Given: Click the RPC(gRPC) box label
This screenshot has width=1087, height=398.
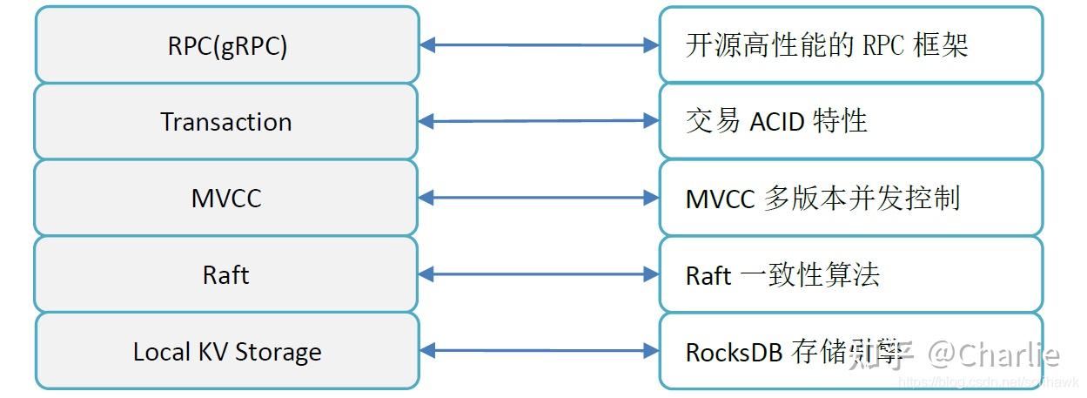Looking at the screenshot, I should pyautogui.click(x=226, y=46).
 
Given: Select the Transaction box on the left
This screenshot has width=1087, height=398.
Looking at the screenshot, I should pyautogui.click(x=226, y=122).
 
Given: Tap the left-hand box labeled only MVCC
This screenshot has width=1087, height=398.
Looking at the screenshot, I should pyautogui.click(x=226, y=199).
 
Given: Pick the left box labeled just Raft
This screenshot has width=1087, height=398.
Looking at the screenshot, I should pyautogui.click(x=226, y=275).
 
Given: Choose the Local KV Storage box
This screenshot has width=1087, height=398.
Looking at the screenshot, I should pyautogui.click(x=226, y=352).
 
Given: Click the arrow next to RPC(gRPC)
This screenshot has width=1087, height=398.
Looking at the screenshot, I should pyautogui.click(x=539, y=45).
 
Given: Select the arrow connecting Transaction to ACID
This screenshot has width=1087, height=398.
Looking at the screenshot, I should pyautogui.click(x=539, y=121).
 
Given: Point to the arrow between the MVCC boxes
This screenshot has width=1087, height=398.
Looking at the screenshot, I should pyautogui.click(x=539, y=199).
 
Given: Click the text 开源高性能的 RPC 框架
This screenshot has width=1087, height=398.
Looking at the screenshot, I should pyautogui.click(x=827, y=46).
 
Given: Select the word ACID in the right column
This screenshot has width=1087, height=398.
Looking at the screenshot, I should pyautogui.click(x=777, y=122).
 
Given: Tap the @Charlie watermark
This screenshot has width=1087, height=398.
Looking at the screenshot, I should pyautogui.click(x=992, y=354).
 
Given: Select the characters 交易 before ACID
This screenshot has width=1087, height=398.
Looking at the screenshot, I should pyautogui.click(x=713, y=122).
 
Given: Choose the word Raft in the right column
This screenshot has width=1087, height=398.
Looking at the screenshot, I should pyautogui.click(x=708, y=275).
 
